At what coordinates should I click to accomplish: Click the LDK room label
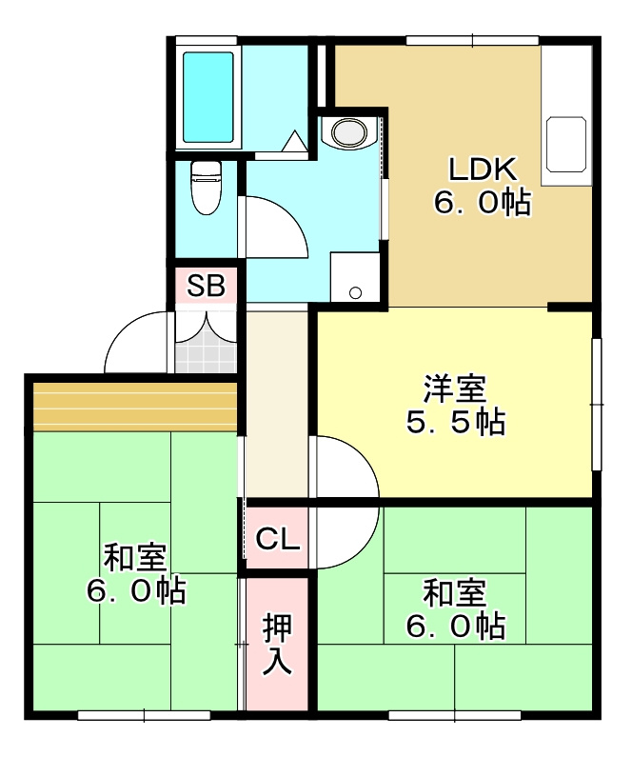[483, 170]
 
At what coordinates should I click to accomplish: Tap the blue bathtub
[207, 96]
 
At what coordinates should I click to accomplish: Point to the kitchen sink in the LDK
[566, 146]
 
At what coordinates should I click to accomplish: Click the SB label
[206, 286]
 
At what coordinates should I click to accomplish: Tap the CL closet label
[278, 540]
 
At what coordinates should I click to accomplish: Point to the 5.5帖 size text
[455, 422]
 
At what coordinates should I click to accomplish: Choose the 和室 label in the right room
[455, 593]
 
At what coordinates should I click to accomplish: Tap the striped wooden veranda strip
[134, 406]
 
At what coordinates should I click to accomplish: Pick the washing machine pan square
[353, 277]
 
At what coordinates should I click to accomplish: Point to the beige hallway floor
[277, 400]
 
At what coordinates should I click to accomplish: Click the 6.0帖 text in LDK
[483, 203]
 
